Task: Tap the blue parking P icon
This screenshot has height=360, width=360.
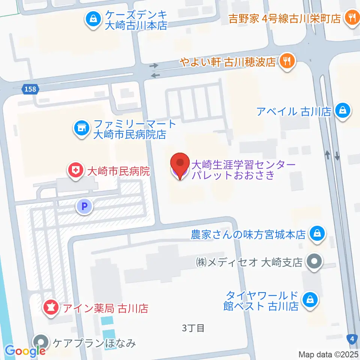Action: coord(85,206)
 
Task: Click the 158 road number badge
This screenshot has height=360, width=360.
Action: coord(29,89)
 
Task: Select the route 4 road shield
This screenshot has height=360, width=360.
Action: coord(352,339)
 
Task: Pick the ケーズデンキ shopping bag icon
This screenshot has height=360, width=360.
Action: coord(92,19)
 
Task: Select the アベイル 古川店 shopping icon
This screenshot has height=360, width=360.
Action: coord(343,111)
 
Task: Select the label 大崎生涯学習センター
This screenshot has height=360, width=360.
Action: coord(244,164)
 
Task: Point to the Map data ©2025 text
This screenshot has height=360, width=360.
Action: coord(328,354)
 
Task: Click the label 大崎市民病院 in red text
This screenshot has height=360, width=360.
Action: coord(118,172)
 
